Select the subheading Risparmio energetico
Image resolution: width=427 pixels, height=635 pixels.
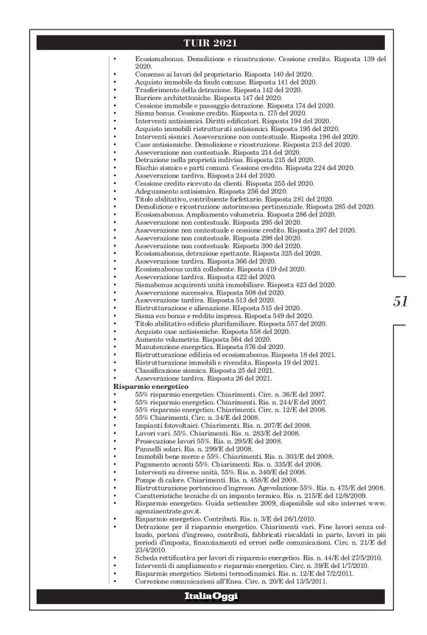pyautogui.click(x=152, y=386)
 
